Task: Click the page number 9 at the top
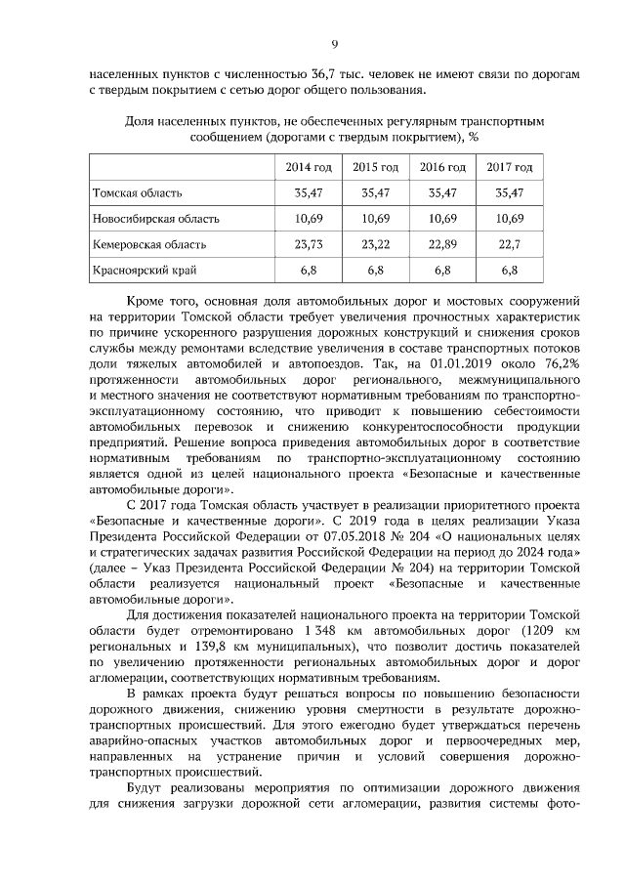[x=334, y=44]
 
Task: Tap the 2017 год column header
[x=510, y=167]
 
